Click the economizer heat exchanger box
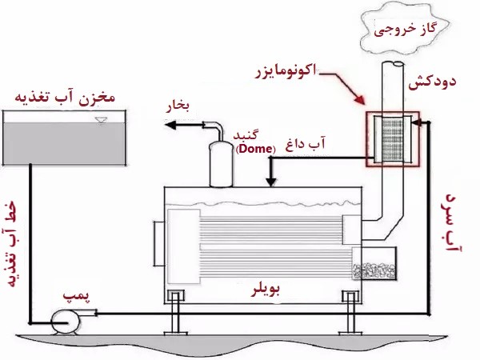pyautogui.click(x=390, y=139)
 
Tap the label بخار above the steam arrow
pyautogui.click(x=177, y=105)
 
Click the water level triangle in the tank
pyautogui.click(x=99, y=121)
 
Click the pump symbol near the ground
pyautogui.click(x=62, y=321)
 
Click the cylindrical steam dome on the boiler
pyautogui.click(x=218, y=163)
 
